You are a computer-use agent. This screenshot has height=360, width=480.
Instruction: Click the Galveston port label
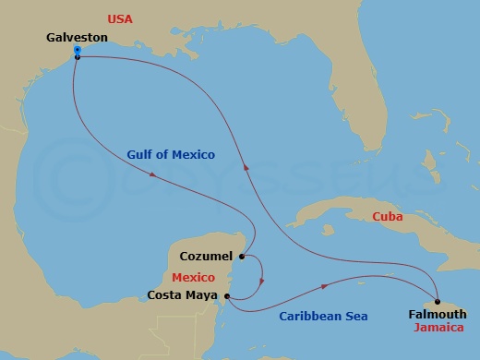coord(77,37)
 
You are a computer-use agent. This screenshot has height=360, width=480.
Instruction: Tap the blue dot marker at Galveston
coord(78,50)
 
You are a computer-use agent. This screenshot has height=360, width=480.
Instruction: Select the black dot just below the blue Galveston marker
coord(78,57)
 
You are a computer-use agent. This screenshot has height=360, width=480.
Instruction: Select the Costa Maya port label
coord(183,296)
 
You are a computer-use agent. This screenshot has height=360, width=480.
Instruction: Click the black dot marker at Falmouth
coord(437,301)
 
